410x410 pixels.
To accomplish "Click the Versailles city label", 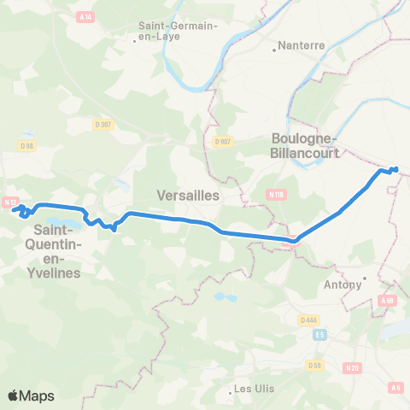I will tap(189, 196).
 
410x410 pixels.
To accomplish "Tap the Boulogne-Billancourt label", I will tap(304, 146).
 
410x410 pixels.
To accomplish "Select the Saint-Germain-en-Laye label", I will tap(179, 31).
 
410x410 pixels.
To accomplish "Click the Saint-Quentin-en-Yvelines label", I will tap(56, 251).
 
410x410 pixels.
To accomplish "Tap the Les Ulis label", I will tap(254, 389).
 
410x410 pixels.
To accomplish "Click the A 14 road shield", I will tap(85, 15).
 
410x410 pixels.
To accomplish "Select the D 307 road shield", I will tap(103, 124).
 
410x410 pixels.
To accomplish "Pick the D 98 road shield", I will tap(26, 145).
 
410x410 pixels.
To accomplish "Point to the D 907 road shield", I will tap(223, 141).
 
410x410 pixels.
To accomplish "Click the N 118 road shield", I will tap(276, 194).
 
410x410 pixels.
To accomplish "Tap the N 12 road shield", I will tap(10, 202).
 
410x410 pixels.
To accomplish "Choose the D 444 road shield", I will tap(308, 319).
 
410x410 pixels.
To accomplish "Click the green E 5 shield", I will tap(319, 335).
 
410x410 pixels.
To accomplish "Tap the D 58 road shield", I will tap(313, 366).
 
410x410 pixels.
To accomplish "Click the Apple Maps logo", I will tap(31, 395).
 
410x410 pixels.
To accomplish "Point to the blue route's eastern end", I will tap(395, 168).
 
